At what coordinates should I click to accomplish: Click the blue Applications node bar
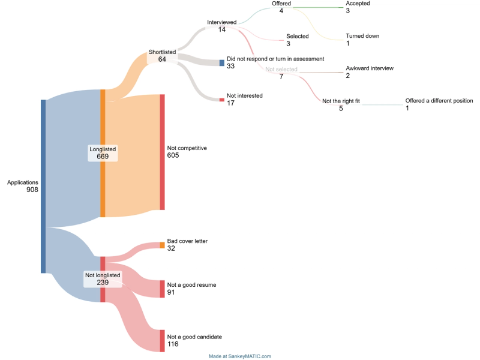click(43, 186)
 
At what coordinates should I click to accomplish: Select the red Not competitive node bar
click(162, 152)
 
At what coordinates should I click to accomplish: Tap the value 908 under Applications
click(32, 190)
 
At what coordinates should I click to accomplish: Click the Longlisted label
click(103, 148)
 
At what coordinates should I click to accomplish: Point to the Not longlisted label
click(103, 275)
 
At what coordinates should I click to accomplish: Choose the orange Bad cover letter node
click(162, 245)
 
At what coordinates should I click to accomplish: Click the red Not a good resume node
click(162, 289)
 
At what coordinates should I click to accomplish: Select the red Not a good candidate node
click(162, 341)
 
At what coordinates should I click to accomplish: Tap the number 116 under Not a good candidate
click(174, 344)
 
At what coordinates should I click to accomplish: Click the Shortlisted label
click(162, 52)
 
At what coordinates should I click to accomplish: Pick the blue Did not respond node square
click(221, 62)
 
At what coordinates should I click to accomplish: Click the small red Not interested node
click(221, 100)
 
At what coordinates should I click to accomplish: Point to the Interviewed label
click(222, 22)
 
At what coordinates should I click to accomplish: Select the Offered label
click(281, 4)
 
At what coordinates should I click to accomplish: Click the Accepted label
click(358, 4)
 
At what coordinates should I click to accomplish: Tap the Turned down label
click(362, 36)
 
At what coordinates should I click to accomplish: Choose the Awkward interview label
click(370, 68)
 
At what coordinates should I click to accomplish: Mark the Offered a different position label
click(439, 101)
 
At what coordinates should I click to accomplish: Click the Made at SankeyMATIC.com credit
click(240, 356)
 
